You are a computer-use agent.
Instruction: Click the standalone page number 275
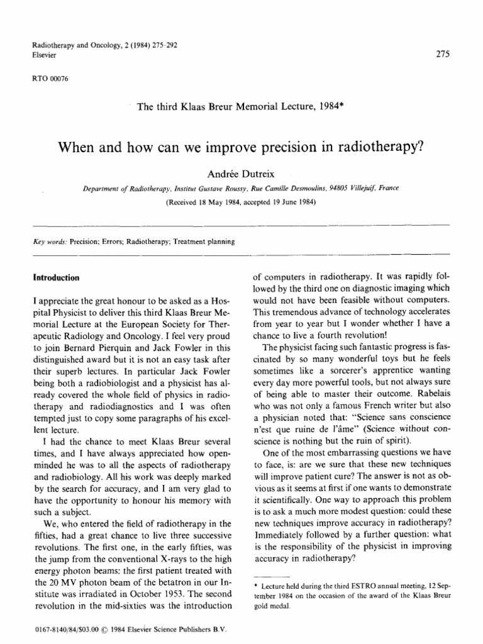(x=442, y=55)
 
